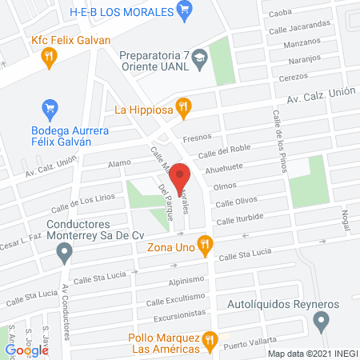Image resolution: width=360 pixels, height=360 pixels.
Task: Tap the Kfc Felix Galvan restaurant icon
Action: (x=50, y=55)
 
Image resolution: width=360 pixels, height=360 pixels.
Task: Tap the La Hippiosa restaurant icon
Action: (x=183, y=107)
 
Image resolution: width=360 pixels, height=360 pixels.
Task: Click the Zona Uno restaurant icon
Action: (x=206, y=244)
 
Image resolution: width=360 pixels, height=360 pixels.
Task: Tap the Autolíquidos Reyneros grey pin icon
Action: (x=322, y=322)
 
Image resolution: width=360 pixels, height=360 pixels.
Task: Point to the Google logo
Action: (x=27, y=350)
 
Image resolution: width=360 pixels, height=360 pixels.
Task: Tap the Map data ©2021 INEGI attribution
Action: (x=312, y=353)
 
